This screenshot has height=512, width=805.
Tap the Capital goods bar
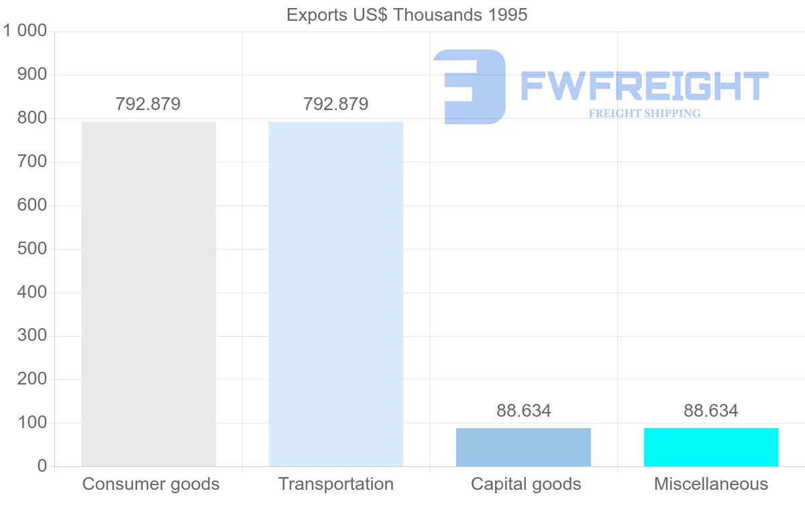(523, 447)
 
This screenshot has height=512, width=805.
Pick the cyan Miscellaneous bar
(711, 447)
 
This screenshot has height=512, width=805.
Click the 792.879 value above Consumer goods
(148, 105)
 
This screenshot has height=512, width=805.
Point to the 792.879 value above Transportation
(335, 105)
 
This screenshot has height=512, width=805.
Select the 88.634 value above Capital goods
(523, 411)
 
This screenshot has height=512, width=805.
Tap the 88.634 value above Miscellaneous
(711, 411)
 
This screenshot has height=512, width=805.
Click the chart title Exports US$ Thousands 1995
(407, 15)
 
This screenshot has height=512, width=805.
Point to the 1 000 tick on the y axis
(25, 32)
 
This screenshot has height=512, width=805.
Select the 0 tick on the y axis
(42, 466)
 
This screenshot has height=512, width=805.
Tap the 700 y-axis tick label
(32, 162)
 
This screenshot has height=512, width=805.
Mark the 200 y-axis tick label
(32, 379)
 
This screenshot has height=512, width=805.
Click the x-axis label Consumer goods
(151, 484)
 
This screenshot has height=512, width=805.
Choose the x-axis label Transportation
(335, 484)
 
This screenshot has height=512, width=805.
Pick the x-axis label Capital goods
(526, 484)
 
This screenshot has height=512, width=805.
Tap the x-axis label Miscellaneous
(711, 484)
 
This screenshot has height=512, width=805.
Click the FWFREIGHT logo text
(644, 86)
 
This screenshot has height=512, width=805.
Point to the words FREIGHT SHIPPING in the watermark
(645, 113)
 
